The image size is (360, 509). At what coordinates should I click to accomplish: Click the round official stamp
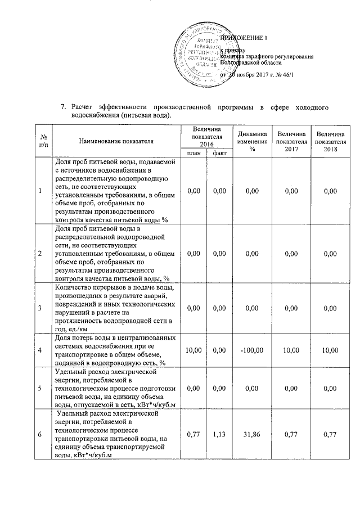pyautogui.click(x=192, y=56)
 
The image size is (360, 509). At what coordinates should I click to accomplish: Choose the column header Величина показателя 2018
pyautogui.click(x=331, y=141)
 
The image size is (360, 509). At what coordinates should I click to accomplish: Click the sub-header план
pyautogui.click(x=193, y=153)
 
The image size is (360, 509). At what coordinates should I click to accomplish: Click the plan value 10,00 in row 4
pyautogui.click(x=193, y=350)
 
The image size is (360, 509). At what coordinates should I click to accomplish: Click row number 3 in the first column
pyautogui.click(x=40, y=308)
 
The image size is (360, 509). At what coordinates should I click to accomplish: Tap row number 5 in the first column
pyautogui.click(x=40, y=388)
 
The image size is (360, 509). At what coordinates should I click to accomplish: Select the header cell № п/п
pyautogui.click(x=40, y=141)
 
